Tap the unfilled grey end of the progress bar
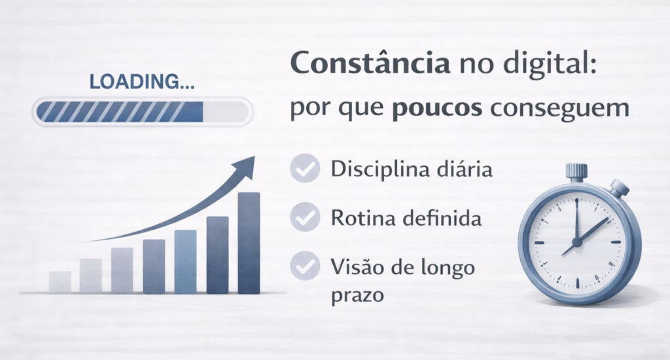click(x=225, y=111)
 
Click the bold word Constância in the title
click(x=370, y=63)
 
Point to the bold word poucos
click(x=436, y=108)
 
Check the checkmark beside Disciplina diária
click(x=305, y=168)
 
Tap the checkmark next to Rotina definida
click(x=305, y=217)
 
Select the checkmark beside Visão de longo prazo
click(x=305, y=266)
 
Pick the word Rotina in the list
click(x=363, y=218)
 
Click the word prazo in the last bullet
click(x=358, y=296)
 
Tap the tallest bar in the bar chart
click(x=249, y=243)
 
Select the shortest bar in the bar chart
click(x=60, y=281)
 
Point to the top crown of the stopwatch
click(x=576, y=171)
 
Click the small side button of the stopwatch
click(x=619, y=188)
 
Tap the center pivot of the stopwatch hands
click(x=577, y=242)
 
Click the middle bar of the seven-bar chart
click(x=154, y=266)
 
